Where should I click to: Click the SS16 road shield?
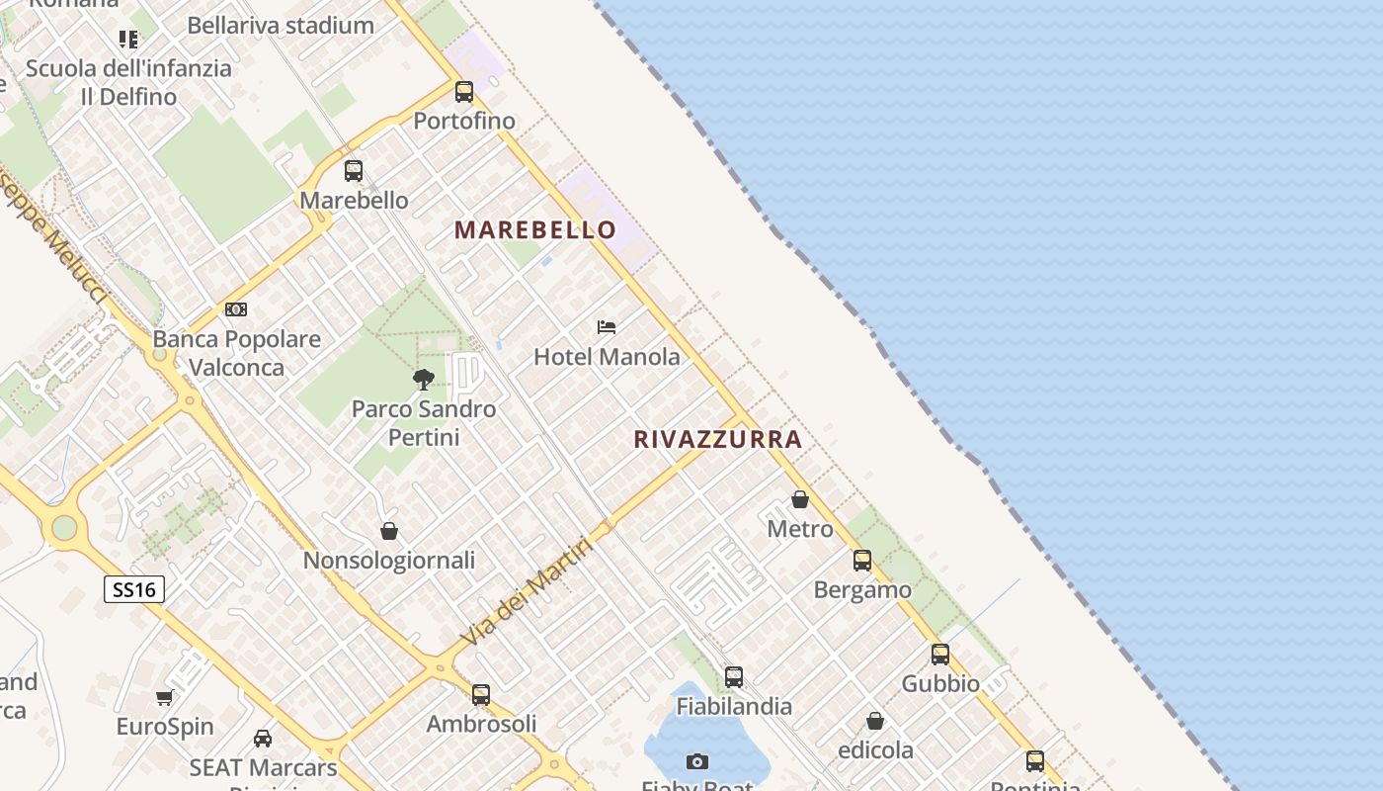click(x=133, y=590)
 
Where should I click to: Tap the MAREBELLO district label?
click(x=535, y=230)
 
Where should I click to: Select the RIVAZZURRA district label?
click(x=717, y=439)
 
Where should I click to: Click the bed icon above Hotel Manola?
click(x=607, y=326)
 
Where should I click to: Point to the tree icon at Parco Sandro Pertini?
click(x=424, y=379)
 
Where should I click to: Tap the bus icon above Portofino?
click(x=464, y=92)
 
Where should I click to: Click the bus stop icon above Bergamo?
click(x=862, y=561)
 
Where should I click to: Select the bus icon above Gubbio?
click(x=940, y=654)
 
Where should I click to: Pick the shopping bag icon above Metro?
click(x=800, y=499)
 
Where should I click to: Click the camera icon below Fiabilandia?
click(x=697, y=761)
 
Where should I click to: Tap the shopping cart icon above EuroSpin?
click(x=165, y=697)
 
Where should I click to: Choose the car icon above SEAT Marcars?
click(x=263, y=738)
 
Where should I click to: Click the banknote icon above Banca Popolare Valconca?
click(x=236, y=309)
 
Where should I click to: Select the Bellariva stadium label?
click(x=281, y=26)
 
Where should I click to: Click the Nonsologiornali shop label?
click(x=389, y=561)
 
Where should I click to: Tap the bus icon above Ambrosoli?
click(x=481, y=694)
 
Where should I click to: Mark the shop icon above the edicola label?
click(x=875, y=721)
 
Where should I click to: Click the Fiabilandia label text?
click(x=734, y=706)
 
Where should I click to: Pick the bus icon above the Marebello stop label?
click(x=354, y=171)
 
